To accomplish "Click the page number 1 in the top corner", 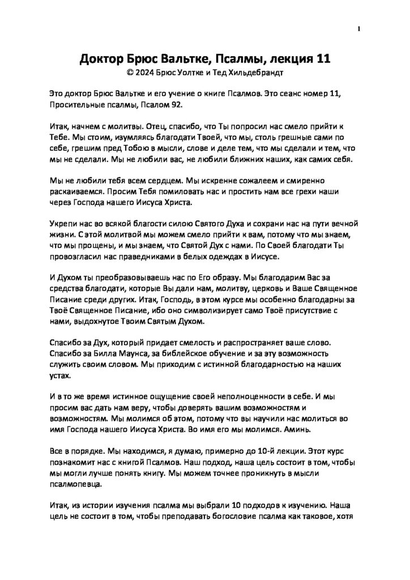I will coord(359,29).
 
